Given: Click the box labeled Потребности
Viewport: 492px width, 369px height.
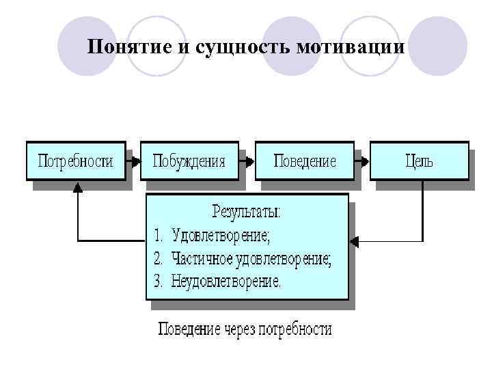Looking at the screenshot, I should coord(75,161).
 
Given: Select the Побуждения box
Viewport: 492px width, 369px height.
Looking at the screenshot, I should coord(189,161).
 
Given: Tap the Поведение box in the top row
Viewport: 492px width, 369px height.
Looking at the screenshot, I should coord(305,161).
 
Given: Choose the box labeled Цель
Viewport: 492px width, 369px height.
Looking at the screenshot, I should coord(419,161).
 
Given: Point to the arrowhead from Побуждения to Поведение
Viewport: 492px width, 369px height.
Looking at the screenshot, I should coord(251,162).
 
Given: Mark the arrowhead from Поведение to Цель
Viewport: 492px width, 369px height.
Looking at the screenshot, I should coord(366,162).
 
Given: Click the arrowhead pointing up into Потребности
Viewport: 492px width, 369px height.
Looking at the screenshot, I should coord(78,186).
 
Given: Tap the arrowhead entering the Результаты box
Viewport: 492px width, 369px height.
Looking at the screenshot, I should coord(354,241).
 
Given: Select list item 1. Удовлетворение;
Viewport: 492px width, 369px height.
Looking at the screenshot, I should coord(213,236).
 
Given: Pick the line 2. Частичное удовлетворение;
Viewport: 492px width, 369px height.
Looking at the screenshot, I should coord(243,259).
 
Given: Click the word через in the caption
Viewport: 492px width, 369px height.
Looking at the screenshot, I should coord(239,329).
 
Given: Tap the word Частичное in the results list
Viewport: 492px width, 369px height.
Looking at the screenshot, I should coord(204,259).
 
